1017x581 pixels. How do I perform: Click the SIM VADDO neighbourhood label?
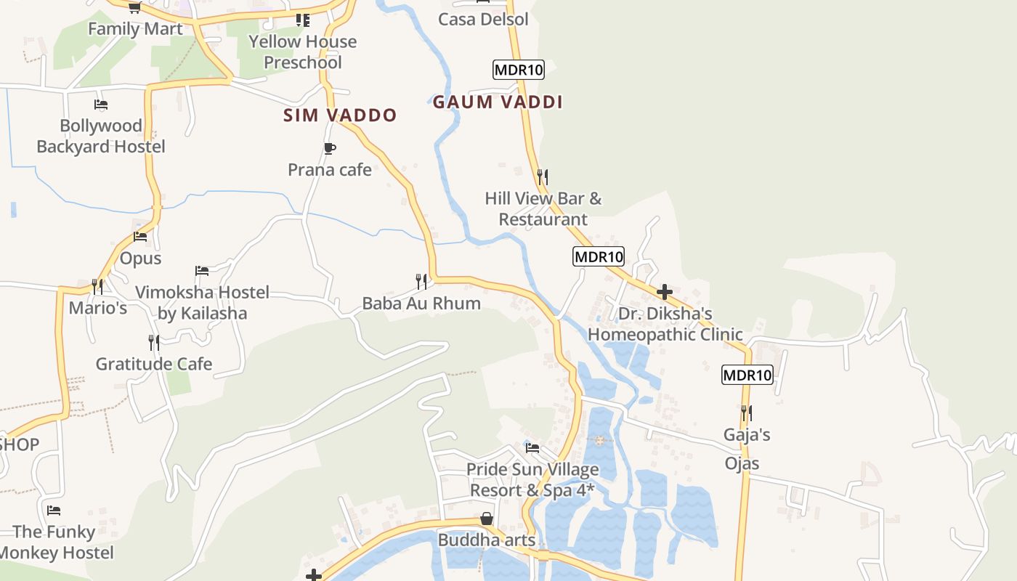click(340, 115)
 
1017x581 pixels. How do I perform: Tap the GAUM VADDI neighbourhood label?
click(498, 102)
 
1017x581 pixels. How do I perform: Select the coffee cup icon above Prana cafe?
click(329, 149)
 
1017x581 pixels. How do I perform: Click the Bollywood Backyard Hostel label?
click(101, 136)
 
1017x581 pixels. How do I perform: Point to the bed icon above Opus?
click(140, 237)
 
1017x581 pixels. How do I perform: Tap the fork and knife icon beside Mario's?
click(97, 286)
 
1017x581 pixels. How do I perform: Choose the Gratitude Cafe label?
click(154, 364)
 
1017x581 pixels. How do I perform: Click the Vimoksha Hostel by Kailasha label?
click(203, 303)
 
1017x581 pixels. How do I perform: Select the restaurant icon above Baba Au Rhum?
click(421, 281)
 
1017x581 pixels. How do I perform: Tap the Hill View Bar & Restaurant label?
click(543, 208)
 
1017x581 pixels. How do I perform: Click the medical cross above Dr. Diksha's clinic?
click(664, 292)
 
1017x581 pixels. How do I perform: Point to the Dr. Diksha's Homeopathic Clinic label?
click(665, 324)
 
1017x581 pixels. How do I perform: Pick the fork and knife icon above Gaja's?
click(746, 413)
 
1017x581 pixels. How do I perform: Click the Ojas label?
click(742, 463)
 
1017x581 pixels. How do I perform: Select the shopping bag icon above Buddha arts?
click(486, 519)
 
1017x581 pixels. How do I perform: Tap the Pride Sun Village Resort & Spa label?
click(532, 480)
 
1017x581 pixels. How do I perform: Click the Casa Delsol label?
click(483, 20)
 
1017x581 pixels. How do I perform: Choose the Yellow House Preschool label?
click(303, 52)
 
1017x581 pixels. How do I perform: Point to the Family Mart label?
click(135, 28)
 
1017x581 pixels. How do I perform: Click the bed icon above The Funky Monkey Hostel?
click(53, 510)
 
